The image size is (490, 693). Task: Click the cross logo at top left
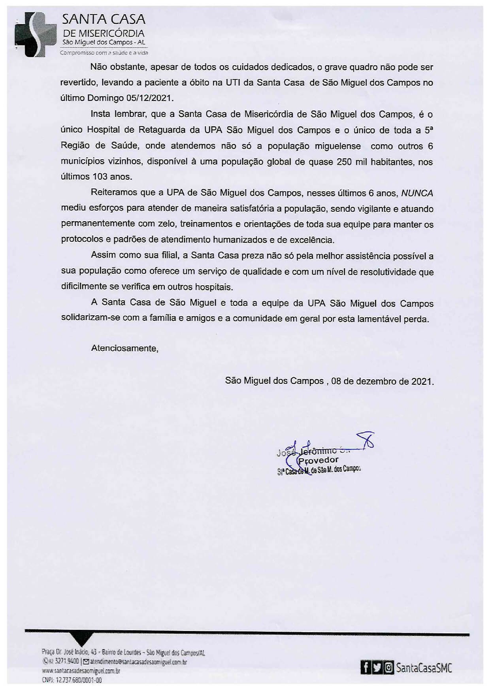click(x=35, y=34)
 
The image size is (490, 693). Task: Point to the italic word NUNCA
click(x=417, y=193)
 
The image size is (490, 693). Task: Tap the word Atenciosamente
click(x=124, y=348)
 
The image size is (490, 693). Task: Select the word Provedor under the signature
click(x=318, y=460)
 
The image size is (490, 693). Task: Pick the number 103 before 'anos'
click(x=100, y=177)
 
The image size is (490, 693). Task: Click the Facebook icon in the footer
click(x=366, y=668)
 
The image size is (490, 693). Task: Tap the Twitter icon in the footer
click(x=377, y=668)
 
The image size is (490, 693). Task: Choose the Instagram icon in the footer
click(x=389, y=668)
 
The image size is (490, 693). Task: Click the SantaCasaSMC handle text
click(x=424, y=668)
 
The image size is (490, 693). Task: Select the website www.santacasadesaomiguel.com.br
click(x=81, y=670)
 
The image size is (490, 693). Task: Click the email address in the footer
click(x=138, y=662)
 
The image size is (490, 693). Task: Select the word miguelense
click(x=337, y=146)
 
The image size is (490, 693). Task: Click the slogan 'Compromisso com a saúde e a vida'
click(x=104, y=53)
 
